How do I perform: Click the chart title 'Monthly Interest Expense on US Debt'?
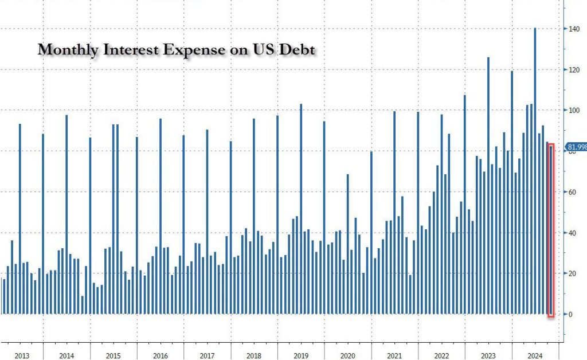tap(177, 50)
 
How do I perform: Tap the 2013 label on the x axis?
tap(22, 356)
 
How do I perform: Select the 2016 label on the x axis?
tap(160, 356)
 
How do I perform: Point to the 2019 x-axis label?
tap(300, 356)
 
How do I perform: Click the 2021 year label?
tap(394, 356)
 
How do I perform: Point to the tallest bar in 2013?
tap(19, 218)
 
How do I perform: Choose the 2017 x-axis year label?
tap(207, 356)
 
